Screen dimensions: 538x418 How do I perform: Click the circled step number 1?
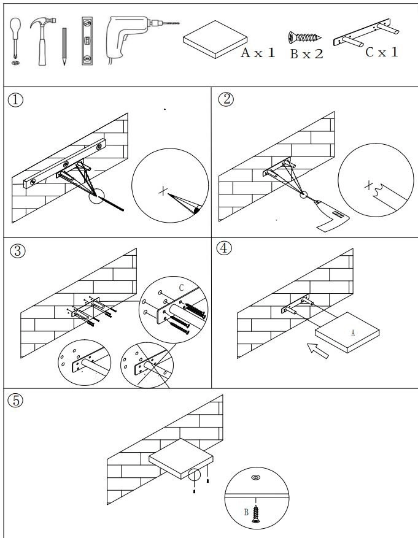16,100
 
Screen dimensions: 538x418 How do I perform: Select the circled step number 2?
226,100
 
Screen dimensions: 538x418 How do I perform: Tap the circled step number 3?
16,252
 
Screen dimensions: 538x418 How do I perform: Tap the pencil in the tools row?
63,46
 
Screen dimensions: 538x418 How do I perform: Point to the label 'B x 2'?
307,54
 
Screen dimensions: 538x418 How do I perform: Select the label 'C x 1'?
381,52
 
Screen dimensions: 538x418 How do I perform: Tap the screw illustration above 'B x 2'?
306,37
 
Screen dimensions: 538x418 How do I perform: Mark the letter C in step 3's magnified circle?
182,287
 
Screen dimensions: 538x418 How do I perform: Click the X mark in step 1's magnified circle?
163,192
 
